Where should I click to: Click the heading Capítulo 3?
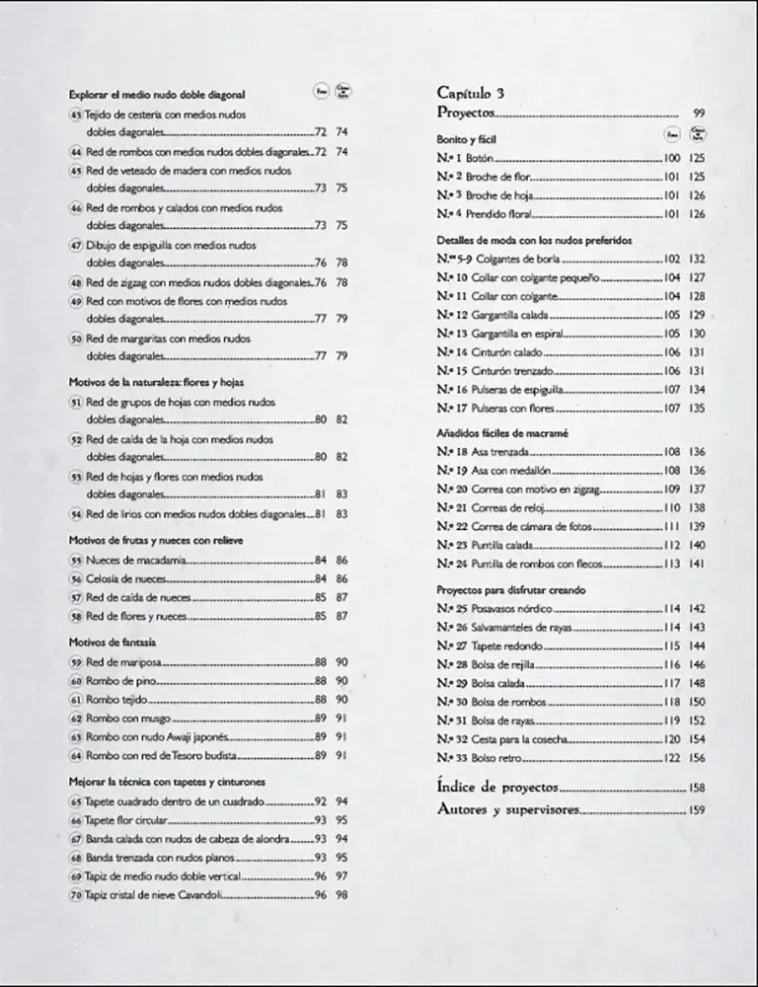471,93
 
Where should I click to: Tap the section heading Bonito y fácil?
467,139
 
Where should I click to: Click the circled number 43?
76,114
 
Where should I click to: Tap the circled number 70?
76,894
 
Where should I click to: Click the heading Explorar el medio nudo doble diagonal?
157,95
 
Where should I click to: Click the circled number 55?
76,560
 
